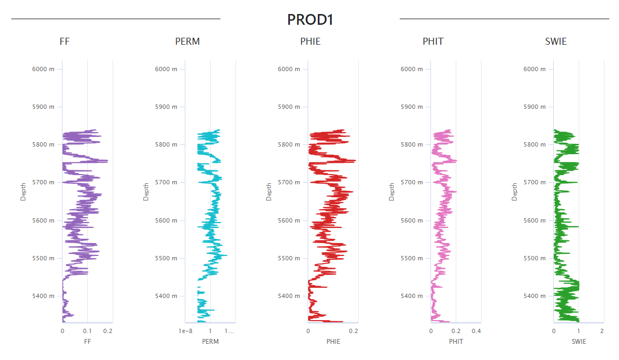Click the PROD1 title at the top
(310, 20)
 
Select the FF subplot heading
(65, 41)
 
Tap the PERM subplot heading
(187, 41)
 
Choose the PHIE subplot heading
(310, 41)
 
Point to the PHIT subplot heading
(433, 41)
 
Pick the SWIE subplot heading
(556, 41)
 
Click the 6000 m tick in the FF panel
(44, 69)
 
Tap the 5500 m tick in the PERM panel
(166, 258)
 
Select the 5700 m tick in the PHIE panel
(289, 182)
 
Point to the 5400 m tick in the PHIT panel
(412, 296)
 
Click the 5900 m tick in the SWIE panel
(535, 107)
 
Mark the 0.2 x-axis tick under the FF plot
(108, 331)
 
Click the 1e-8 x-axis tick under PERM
(185, 331)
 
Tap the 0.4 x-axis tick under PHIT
(477, 331)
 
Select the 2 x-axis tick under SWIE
(602, 331)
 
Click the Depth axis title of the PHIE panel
(269, 191)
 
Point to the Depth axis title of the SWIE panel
(514, 191)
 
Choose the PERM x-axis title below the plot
(210, 342)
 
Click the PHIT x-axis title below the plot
(456, 342)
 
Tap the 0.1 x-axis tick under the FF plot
(87, 331)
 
